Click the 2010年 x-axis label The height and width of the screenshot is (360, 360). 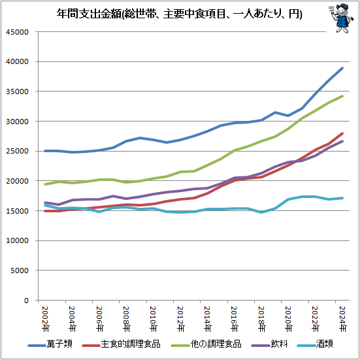(153, 318)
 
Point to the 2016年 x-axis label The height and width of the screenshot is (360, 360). (233, 318)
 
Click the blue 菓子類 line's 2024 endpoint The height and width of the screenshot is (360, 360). (342, 68)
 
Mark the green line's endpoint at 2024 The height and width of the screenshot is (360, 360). (342, 96)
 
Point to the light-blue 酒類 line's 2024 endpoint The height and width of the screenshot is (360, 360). (342, 198)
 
